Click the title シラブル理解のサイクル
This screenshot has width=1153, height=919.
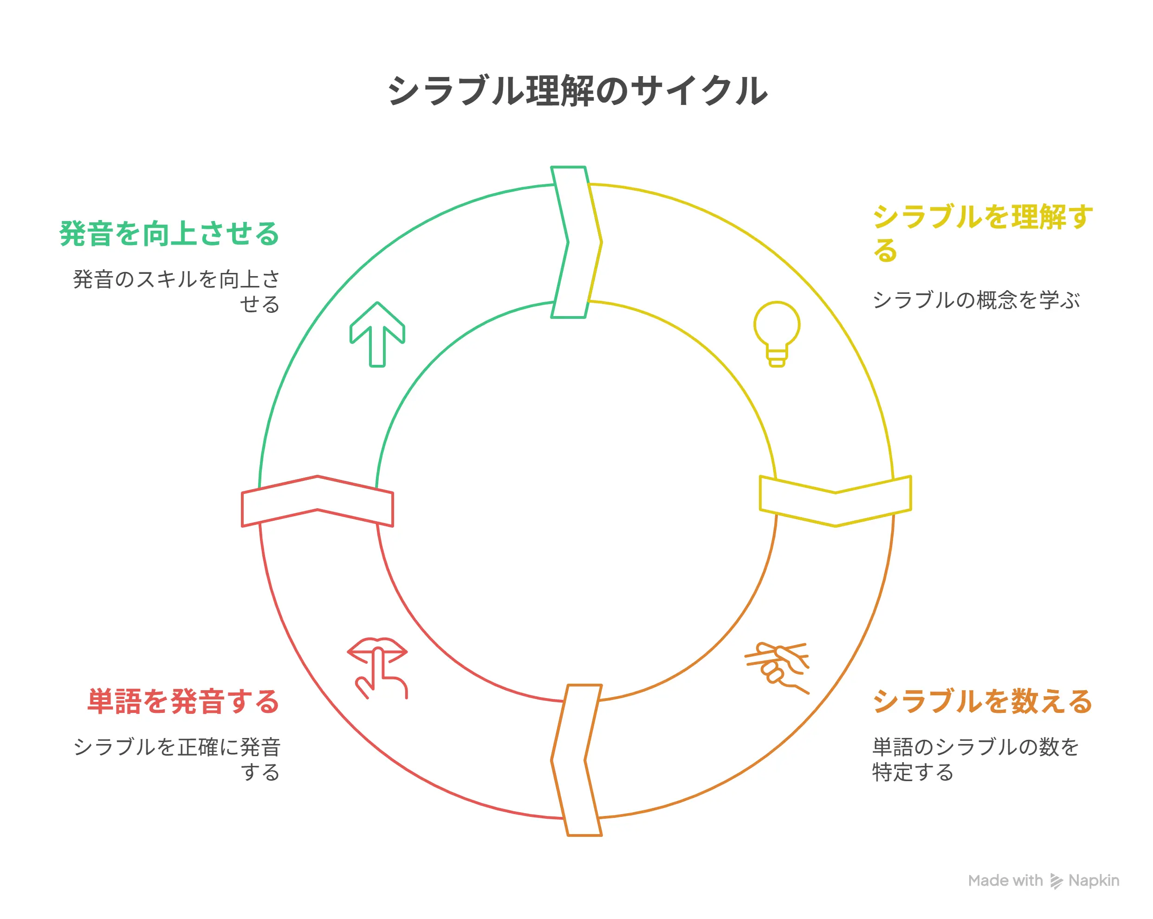point(577,91)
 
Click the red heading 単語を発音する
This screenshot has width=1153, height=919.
point(183,701)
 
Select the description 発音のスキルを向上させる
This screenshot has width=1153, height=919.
point(176,291)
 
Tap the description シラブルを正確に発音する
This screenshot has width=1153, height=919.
point(176,759)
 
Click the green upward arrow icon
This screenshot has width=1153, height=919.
point(377,334)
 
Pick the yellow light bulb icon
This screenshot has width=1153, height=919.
point(777,334)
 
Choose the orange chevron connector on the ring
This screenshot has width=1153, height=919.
point(576,760)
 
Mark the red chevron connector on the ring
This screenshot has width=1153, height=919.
point(317,501)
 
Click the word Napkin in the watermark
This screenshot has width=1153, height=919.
point(1093,880)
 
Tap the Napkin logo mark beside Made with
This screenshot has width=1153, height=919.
point(1056,881)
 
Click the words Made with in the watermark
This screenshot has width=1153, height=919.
point(1005,880)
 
